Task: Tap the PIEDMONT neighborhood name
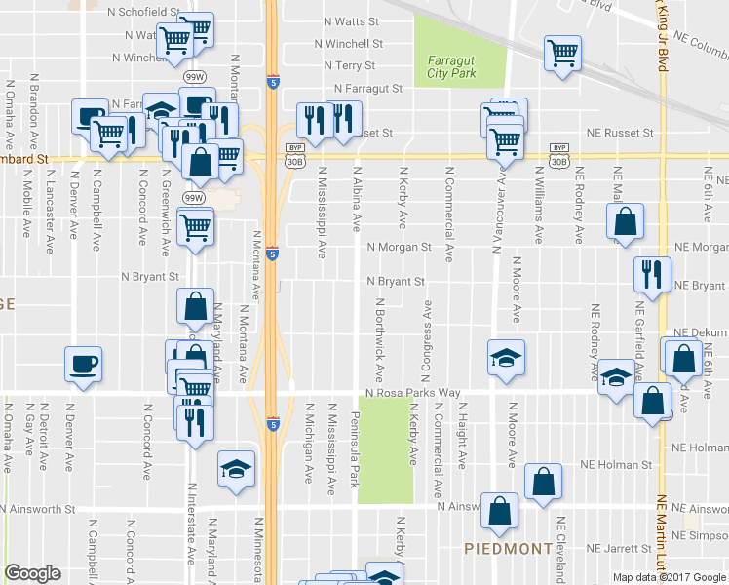[x=508, y=549]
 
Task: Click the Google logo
[x=32, y=573]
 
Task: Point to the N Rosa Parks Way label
[x=412, y=393]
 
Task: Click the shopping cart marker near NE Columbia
[x=562, y=54]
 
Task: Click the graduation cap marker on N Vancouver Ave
[x=507, y=358]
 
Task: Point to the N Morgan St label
[x=399, y=248]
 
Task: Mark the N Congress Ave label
[x=426, y=331]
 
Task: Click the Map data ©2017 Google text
[x=669, y=577]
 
